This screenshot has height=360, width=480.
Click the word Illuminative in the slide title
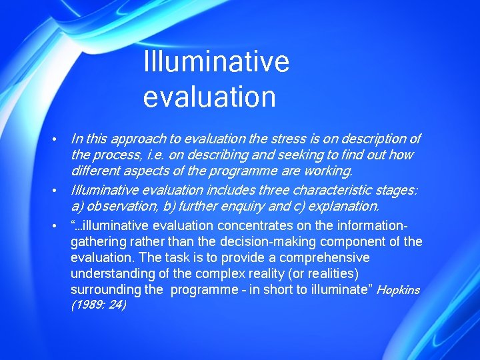[x=216, y=62]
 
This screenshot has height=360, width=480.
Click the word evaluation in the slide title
[x=209, y=97]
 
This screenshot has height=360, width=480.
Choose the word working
[x=327, y=171]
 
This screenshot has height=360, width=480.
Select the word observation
[x=117, y=206]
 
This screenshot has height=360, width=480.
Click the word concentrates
[x=253, y=225]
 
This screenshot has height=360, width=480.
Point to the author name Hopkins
[x=398, y=290]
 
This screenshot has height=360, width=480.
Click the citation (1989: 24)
[x=98, y=305]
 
